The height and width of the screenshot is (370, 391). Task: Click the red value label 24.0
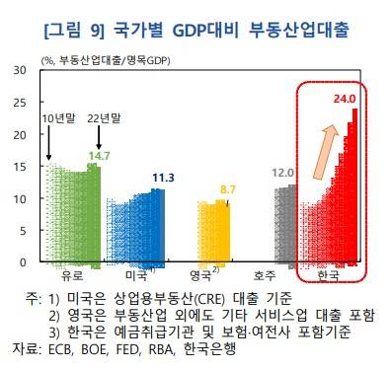(x=343, y=98)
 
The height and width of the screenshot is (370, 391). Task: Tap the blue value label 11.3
(x=163, y=178)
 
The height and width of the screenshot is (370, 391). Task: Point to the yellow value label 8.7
(x=228, y=188)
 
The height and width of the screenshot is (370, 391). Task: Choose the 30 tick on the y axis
(x=21, y=71)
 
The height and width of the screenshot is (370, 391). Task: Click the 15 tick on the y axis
(x=21, y=167)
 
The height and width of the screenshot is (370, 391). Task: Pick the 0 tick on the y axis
(x=24, y=262)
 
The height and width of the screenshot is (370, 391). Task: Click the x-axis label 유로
(x=72, y=277)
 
